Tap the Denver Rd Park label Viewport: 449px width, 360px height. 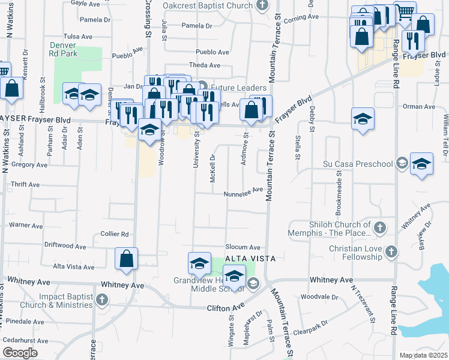pos(63,49)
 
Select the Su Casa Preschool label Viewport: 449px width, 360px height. pos(358,163)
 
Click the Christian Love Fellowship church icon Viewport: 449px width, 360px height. pos(391,251)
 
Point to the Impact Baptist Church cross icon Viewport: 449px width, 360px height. pos(102,299)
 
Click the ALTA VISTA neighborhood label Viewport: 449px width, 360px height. pos(250,258)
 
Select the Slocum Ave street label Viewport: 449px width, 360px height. pos(243,247)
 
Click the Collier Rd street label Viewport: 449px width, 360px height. pos(115,234)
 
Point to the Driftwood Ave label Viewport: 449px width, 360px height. pos(65,245)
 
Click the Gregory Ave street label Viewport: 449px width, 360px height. pos(29,164)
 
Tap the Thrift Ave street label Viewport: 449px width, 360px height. pos(25,185)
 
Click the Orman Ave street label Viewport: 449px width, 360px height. pos(414,106)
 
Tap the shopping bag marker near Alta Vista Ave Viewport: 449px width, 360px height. pos(127,259)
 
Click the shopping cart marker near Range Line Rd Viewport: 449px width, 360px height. pos(405,11)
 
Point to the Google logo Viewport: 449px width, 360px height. pos(20,352)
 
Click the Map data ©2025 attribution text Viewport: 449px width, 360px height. pos(423,355)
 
